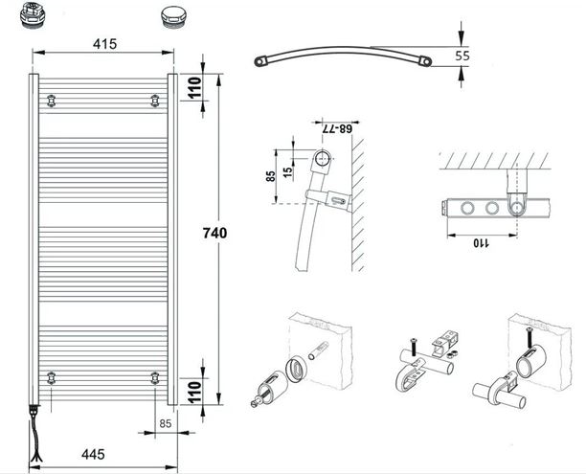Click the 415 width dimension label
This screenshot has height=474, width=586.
pos(104,44)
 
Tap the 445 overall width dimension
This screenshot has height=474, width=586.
pos(93,455)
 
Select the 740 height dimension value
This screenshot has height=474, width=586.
pos(214,233)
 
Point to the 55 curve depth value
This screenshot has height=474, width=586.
pos(462,56)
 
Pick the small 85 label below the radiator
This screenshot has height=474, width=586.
pos(166,423)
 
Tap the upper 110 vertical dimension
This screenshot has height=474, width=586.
pos(194,87)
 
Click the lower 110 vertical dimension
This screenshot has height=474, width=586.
pos(194,392)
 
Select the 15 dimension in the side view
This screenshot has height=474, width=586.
pos(287,172)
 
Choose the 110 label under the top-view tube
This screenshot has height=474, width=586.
pos(482,243)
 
